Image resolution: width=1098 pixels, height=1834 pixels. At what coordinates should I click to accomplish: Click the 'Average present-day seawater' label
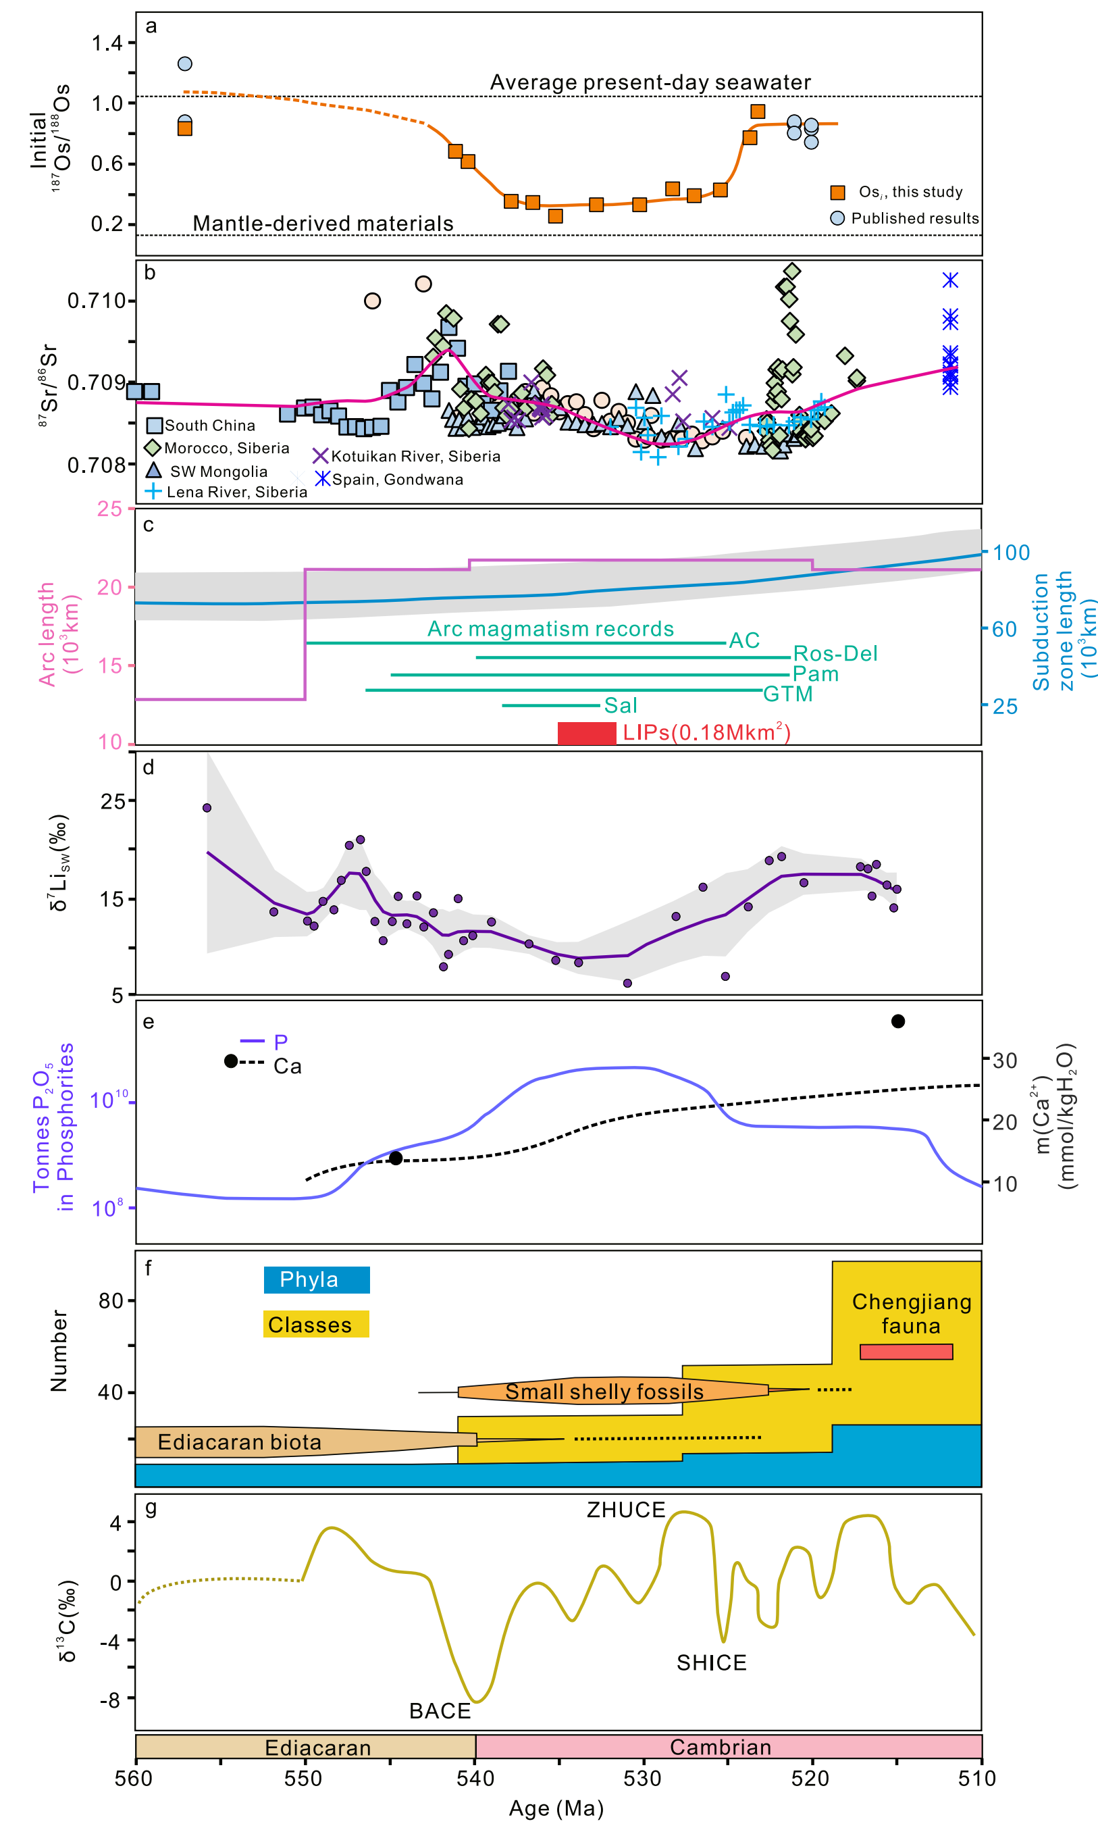(x=650, y=82)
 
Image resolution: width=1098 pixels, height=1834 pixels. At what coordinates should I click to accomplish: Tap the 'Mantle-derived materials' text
(x=323, y=224)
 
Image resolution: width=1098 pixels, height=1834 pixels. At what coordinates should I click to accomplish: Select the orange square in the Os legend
(x=837, y=193)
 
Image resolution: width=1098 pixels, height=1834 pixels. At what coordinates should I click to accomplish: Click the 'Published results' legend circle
(x=837, y=218)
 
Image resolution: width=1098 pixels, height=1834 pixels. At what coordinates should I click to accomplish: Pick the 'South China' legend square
(x=155, y=426)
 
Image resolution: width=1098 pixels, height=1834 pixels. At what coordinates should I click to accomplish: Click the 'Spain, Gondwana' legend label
(x=397, y=480)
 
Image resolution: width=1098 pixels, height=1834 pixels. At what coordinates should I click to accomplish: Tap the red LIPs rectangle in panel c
(x=587, y=733)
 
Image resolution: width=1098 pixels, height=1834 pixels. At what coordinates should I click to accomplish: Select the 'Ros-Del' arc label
(x=835, y=653)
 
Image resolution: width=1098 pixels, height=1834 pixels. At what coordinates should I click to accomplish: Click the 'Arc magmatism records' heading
(x=550, y=629)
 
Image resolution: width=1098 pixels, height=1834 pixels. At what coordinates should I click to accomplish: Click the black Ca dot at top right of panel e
(x=898, y=1021)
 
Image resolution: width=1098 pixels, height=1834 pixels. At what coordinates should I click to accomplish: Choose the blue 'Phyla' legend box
(x=317, y=1279)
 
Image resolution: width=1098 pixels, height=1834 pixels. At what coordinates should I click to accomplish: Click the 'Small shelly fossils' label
(x=604, y=1392)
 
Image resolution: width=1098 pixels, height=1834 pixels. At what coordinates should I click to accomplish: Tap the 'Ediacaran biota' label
(x=240, y=1442)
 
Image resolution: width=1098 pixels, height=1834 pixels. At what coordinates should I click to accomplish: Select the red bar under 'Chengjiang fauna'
(x=906, y=1352)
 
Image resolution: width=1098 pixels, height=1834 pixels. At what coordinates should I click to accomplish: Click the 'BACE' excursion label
(x=440, y=1711)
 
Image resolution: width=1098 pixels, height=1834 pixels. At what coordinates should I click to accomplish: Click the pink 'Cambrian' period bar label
(x=721, y=1748)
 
